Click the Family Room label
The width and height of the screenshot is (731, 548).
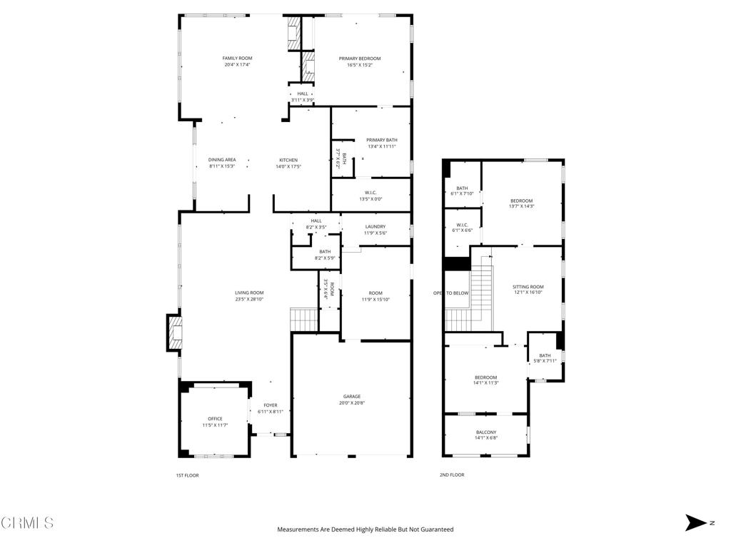(x=237, y=59)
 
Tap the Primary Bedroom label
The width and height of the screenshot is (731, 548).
(x=360, y=59)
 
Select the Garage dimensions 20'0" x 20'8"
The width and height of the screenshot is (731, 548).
(x=351, y=403)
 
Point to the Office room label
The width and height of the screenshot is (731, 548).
(x=215, y=418)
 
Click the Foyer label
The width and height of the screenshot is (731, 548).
(x=271, y=405)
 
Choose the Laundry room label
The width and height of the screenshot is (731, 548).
(x=375, y=226)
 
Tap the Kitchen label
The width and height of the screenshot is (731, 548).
(x=288, y=160)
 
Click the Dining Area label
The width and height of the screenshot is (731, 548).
(x=222, y=160)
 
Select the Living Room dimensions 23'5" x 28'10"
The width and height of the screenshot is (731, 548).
(x=249, y=299)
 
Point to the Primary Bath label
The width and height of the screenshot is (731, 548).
(x=382, y=140)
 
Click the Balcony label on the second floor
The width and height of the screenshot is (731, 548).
(x=486, y=432)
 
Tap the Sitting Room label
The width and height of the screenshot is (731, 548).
(x=528, y=287)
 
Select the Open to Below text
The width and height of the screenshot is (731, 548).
(x=451, y=293)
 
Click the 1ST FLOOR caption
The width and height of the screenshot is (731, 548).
(x=187, y=475)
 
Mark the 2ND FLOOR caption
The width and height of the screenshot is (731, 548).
(x=452, y=475)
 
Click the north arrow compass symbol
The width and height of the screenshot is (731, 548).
(x=696, y=522)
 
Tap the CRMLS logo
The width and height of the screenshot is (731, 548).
(x=27, y=523)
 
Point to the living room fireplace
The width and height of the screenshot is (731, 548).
(x=174, y=333)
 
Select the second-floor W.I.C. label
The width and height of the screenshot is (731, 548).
(x=462, y=225)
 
